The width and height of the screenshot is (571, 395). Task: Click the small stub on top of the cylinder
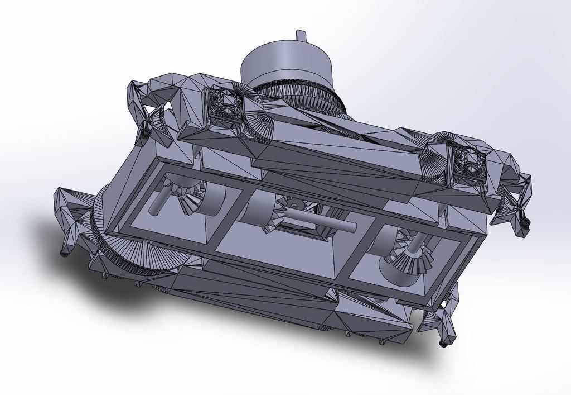[301, 35]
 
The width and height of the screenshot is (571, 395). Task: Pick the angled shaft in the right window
[418, 244]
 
